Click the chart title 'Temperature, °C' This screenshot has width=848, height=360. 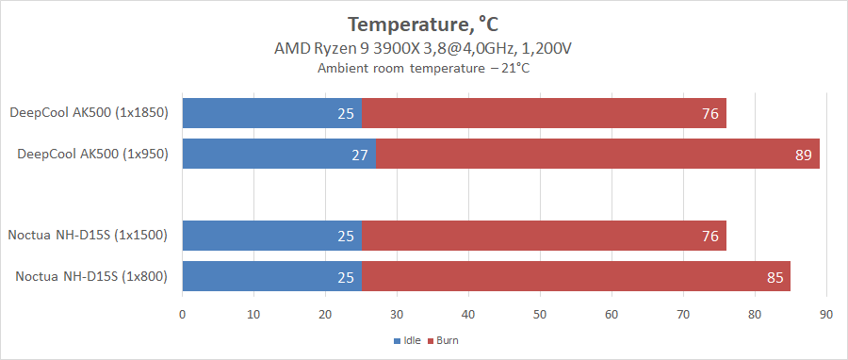coord(423,24)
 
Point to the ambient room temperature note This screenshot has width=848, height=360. coord(423,68)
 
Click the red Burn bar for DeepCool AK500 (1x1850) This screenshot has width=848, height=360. coord(544,113)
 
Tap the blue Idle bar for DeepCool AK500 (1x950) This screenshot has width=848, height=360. coord(279,154)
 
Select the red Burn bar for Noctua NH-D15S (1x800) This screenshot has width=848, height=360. coord(576,276)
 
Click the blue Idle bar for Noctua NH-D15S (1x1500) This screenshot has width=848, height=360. coord(271,236)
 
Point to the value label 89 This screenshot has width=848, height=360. coord(803,155)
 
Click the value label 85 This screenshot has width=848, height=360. coord(775,277)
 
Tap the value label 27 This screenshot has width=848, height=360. coord(359,155)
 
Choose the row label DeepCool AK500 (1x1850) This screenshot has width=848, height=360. coord(89,113)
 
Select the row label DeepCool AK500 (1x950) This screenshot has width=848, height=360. coord(92,154)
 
